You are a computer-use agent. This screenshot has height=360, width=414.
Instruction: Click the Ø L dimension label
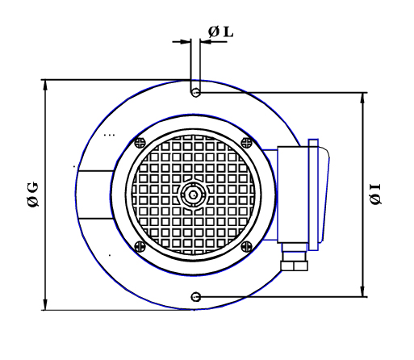(220, 32)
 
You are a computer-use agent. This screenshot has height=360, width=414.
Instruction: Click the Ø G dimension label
(33, 195)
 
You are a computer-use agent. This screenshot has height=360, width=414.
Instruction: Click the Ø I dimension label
(375, 194)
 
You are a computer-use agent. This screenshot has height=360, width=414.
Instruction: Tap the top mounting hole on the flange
(195, 93)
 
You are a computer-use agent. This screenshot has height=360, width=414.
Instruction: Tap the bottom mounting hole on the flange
(195, 297)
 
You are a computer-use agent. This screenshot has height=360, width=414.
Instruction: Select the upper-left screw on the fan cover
(140, 143)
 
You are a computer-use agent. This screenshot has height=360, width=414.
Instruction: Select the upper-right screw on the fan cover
(246, 143)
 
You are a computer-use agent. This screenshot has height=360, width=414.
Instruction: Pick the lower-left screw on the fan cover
(140, 246)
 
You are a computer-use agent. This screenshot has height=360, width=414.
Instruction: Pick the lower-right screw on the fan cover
(246, 246)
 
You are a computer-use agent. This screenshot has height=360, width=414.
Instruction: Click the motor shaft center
(193, 195)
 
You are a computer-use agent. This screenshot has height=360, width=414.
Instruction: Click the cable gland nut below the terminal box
(294, 266)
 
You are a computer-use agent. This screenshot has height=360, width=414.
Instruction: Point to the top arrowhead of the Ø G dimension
(45, 85)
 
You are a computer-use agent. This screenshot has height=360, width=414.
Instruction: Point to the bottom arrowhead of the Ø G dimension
(45, 305)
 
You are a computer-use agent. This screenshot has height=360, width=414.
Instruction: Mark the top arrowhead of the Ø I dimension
(362, 98)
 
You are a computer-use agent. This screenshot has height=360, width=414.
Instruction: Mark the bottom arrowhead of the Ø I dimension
(362, 291)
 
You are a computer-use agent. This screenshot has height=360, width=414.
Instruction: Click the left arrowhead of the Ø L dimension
(185, 42)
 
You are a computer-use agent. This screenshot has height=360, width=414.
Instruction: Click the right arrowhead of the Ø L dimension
(206, 42)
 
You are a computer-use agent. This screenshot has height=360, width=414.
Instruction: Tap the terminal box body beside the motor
(293, 195)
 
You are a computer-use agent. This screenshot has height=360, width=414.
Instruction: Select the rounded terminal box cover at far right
(324, 195)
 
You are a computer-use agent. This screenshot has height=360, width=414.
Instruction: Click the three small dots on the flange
(109, 135)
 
